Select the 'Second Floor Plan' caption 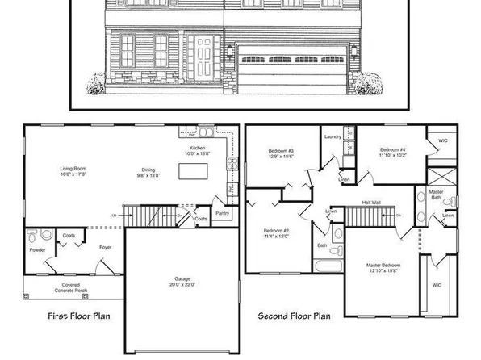click(x=294, y=316)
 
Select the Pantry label click(x=224, y=214)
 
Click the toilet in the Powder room click(x=31, y=238)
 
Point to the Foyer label click(x=105, y=247)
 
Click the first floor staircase click(x=150, y=216)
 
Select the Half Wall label click(x=372, y=203)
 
